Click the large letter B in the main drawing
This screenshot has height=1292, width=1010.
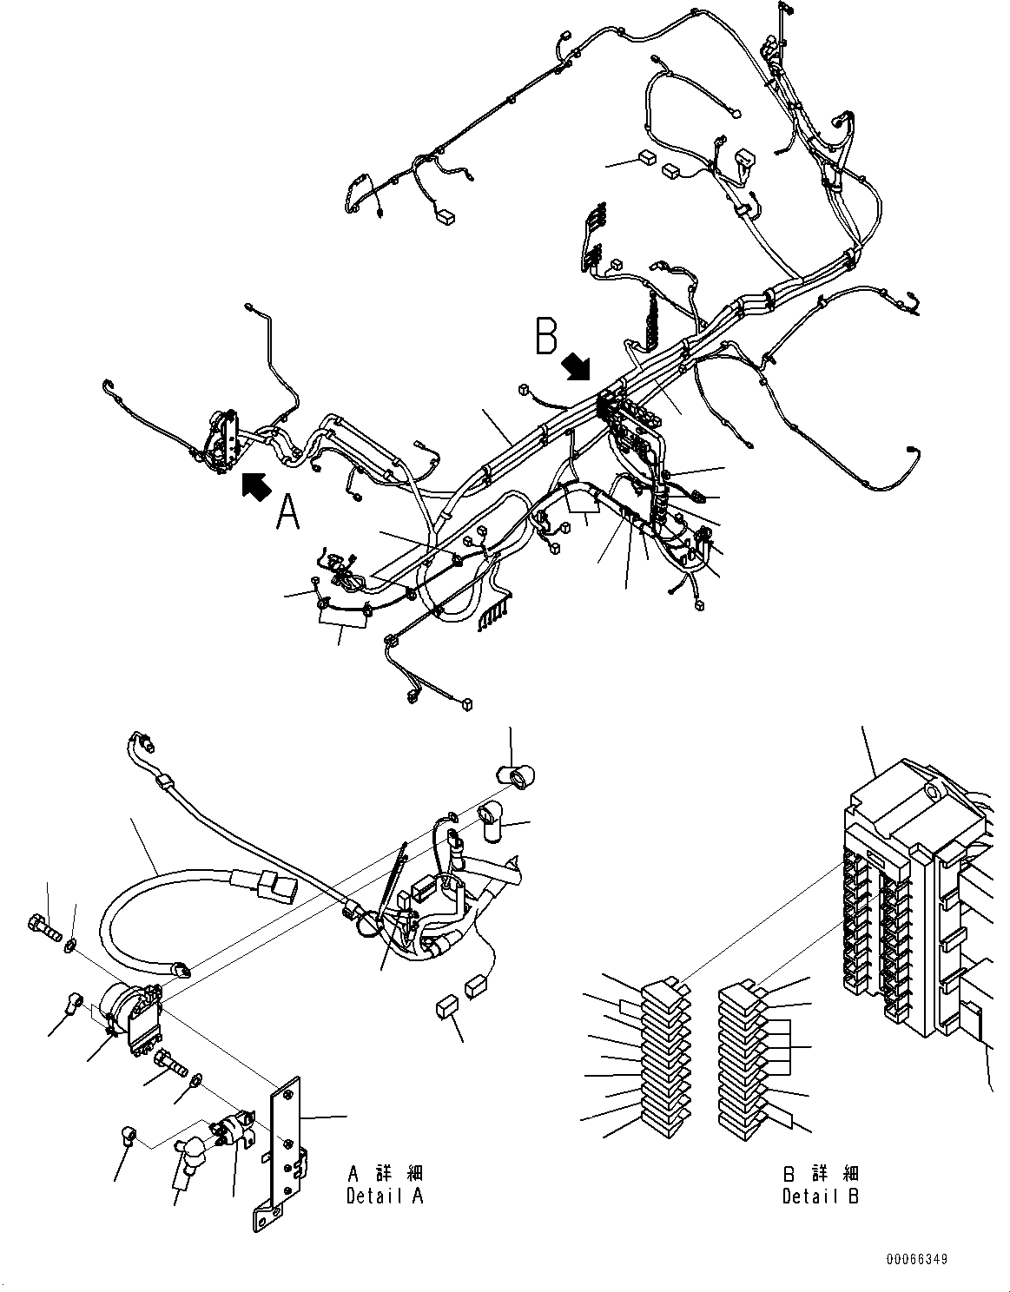[x=545, y=337]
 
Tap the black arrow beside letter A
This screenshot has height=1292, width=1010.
[x=254, y=486]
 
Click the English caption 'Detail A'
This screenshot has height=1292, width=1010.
[x=385, y=1196]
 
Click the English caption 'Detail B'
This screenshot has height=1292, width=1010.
[x=820, y=1196]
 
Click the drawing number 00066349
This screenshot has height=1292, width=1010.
[x=917, y=1258]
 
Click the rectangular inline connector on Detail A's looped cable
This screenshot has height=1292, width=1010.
[x=275, y=886]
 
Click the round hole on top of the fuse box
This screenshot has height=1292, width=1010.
[x=934, y=793]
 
